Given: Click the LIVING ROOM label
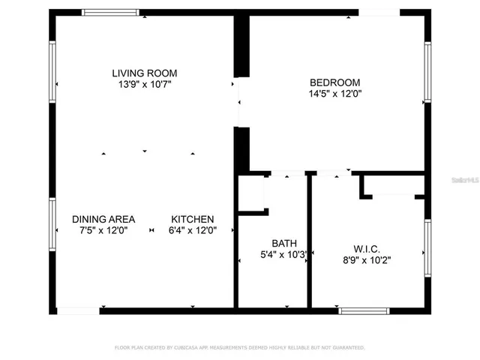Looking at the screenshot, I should [x=145, y=73].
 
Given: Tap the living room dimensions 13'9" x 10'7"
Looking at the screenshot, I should [x=145, y=84].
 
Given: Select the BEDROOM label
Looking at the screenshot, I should [x=334, y=82].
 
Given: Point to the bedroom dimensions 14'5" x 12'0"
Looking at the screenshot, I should [x=334, y=94].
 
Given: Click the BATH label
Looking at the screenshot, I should [x=284, y=243].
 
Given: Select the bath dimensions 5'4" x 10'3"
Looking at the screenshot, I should [x=284, y=254].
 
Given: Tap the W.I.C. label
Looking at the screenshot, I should [x=367, y=249].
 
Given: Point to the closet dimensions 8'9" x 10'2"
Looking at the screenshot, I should [x=367, y=260].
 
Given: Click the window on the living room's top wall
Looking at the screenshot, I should [x=110, y=12].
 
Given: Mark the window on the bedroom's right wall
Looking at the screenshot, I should [x=427, y=71].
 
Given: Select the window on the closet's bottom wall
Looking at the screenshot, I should [x=364, y=310].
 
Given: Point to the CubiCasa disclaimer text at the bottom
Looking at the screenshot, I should [x=239, y=347].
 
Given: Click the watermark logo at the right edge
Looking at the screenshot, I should [x=465, y=180].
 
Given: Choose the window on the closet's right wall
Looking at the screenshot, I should [x=427, y=247].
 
